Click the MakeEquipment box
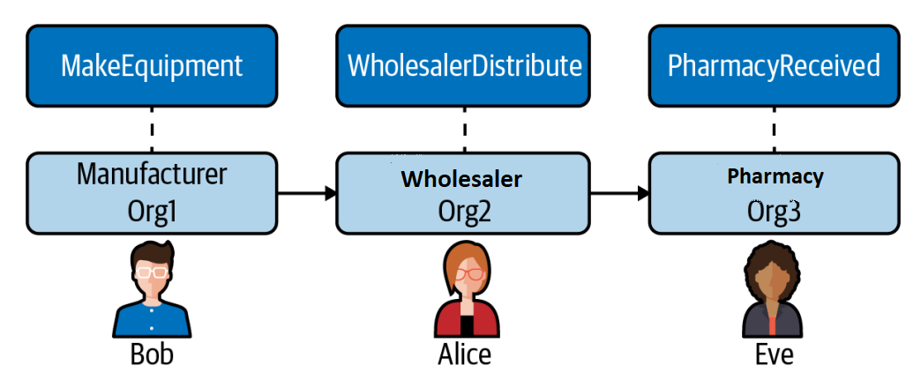(152, 66)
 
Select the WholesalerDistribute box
(463, 66)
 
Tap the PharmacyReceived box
(775, 66)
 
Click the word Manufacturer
(152, 175)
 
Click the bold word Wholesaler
(461, 179)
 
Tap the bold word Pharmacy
(775, 176)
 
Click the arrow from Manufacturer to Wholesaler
(307, 192)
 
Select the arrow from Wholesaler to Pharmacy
(619, 192)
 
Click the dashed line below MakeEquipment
(152, 129)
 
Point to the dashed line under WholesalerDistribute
(464, 129)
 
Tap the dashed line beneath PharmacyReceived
(775, 129)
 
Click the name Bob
(152, 354)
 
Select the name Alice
(464, 354)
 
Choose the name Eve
(774, 354)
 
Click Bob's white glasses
(152, 272)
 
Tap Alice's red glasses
(469, 273)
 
